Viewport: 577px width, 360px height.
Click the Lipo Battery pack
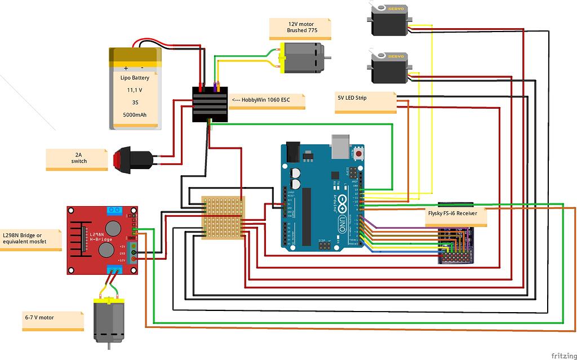pyautogui.click(x=135, y=89)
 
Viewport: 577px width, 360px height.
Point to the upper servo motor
pyautogui.click(x=388, y=18)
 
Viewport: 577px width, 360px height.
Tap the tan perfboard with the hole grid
pyautogui.click(x=223, y=217)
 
